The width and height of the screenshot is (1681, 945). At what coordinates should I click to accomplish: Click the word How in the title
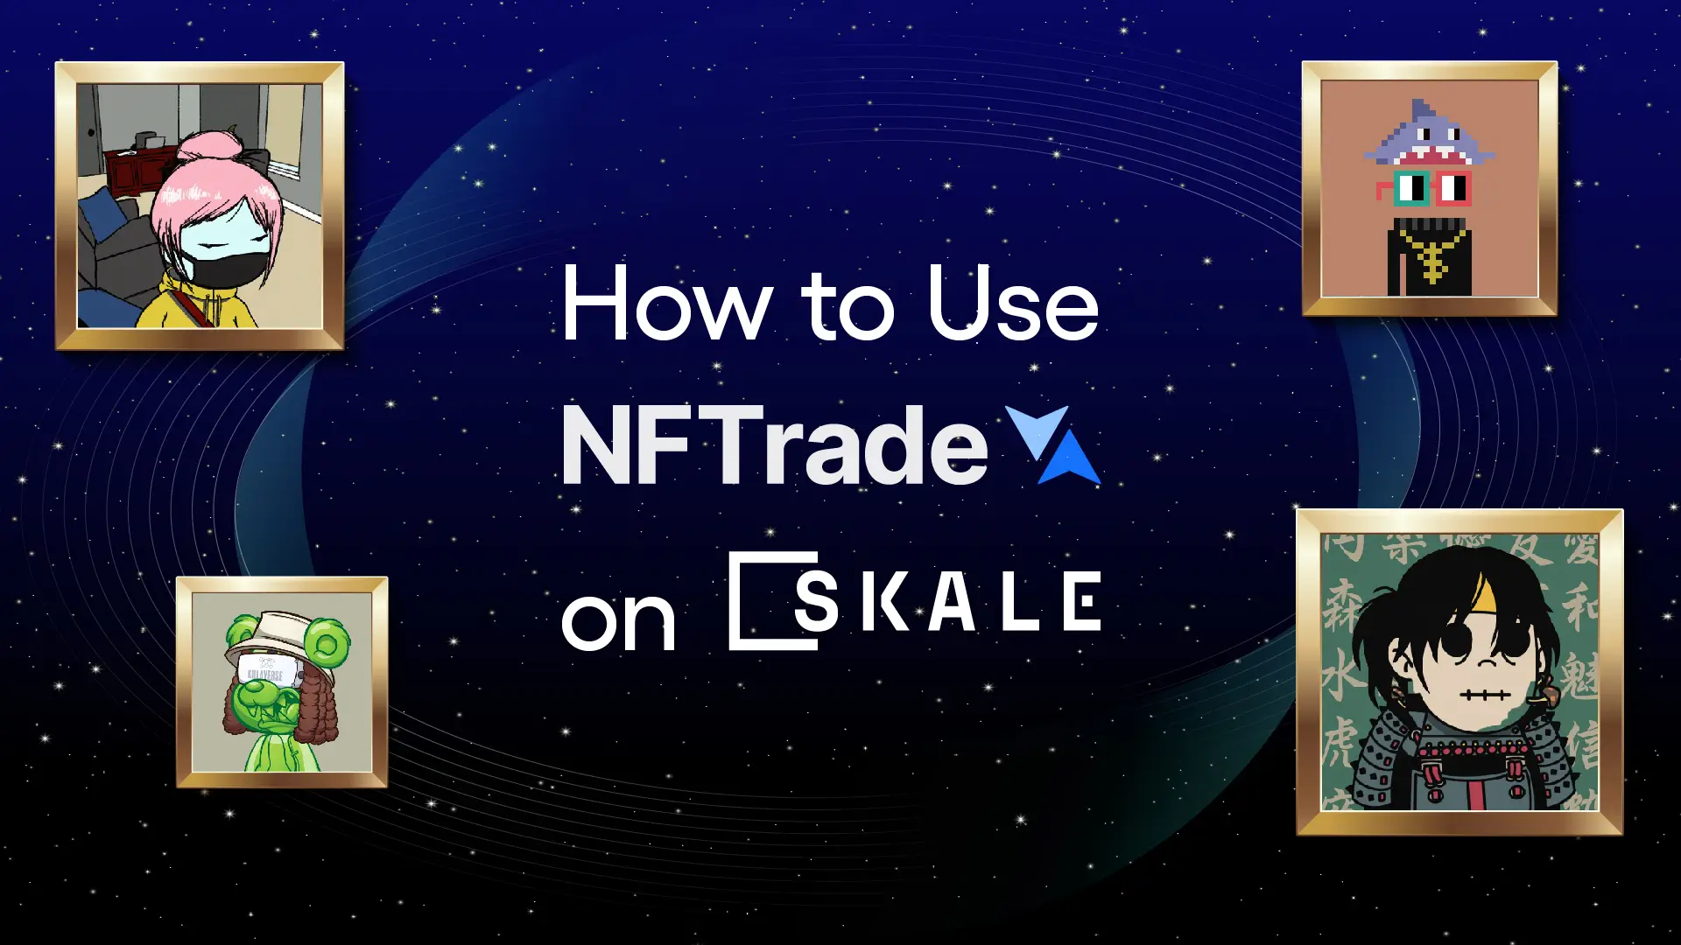coord(665,304)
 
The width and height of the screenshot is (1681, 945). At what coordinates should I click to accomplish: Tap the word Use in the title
coord(1012,304)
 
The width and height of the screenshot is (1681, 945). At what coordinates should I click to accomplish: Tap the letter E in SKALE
coord(1082,601)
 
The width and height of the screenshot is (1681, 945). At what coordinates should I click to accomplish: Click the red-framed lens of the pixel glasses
coord(1452,188)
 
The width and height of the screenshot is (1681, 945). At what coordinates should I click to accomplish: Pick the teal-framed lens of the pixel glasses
coord(1410,187)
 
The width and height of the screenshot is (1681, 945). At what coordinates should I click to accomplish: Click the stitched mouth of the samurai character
coord(1484,695)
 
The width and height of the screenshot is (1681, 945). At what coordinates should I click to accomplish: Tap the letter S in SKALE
coord(816,601)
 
